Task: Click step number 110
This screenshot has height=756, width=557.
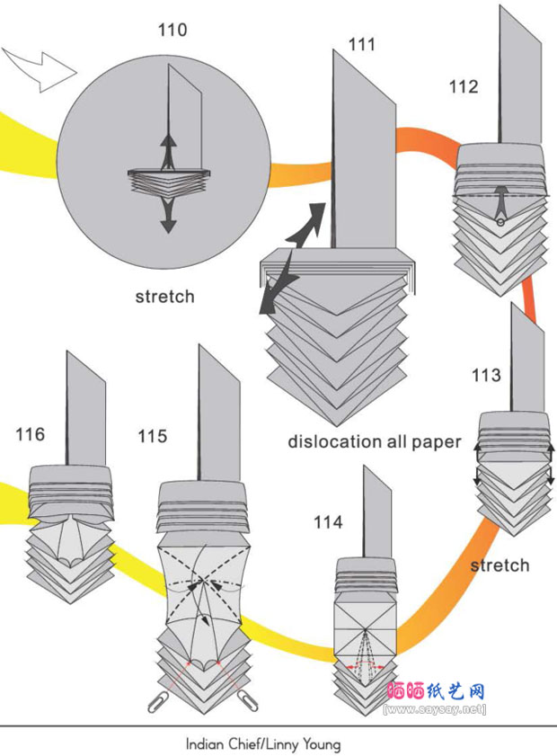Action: click(x=172, y=30)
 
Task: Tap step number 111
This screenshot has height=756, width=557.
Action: click(x=363, y=44)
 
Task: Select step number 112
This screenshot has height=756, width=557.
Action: click(x=464, y=87)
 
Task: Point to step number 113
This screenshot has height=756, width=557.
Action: click(x=486, y=376)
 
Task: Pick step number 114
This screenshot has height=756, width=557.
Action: click(x=328, y=521)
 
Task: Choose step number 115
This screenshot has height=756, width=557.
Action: click(x=152, y=436)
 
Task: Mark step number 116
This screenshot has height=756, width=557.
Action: click(x=30, y=434)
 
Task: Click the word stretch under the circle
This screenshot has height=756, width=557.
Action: click(x=164, y=296)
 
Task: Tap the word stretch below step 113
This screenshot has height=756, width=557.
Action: click(x=500, y=565)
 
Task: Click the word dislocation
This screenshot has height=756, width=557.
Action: click(x=335, y=441)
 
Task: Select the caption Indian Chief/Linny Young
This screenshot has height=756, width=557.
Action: click(x=263, y=744)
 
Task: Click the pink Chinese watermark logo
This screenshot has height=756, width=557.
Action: click(x=436, y=692)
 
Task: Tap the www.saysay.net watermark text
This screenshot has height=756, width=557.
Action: click(x=436, y=709)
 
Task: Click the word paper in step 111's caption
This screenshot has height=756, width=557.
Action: click(x=434, y=441)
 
